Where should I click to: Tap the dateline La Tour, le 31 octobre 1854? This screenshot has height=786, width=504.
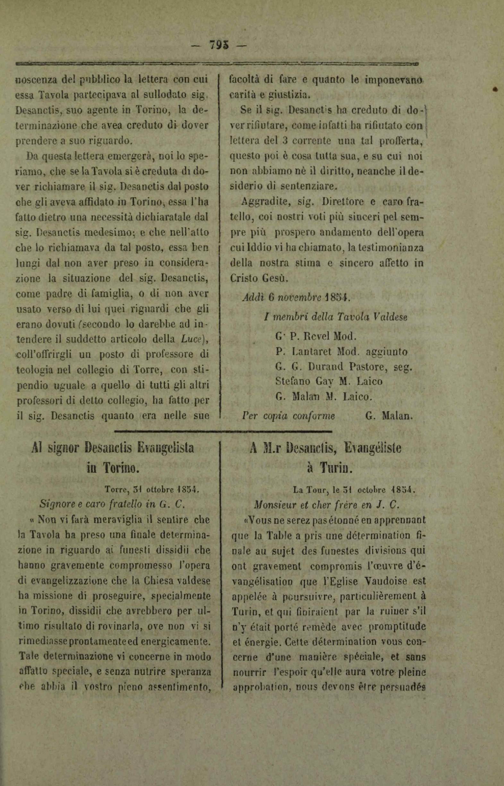coord(354,490)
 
